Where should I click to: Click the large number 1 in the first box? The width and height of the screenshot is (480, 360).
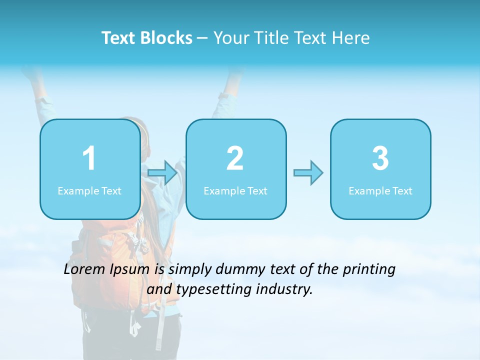(x=89, y=158)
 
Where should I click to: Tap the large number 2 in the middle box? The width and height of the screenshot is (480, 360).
(x=235, y=158)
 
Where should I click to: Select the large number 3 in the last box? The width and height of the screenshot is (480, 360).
(x=380, y=158)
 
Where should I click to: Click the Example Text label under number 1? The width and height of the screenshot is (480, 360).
(x=89, y=190)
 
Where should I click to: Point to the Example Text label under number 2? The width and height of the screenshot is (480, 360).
(x=235, y=190)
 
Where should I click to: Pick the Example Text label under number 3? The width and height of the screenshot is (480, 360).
(x=380, y=190)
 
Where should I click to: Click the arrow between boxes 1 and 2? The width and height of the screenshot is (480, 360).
(x=162, y=173)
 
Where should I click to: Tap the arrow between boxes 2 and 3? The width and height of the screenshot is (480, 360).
(x=308, y=173)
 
